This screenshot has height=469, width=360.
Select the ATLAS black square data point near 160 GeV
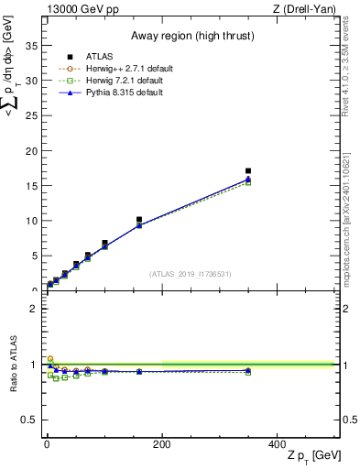(x=138, y=220)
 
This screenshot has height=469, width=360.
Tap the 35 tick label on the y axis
(x=35, y=45)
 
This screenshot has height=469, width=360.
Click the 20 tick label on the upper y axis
(x=35, y=150)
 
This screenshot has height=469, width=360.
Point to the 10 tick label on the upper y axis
(x=35, y=221)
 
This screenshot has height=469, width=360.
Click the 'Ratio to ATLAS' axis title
(x=13, y=364)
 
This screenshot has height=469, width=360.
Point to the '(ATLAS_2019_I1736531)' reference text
(x=190, y=274)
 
